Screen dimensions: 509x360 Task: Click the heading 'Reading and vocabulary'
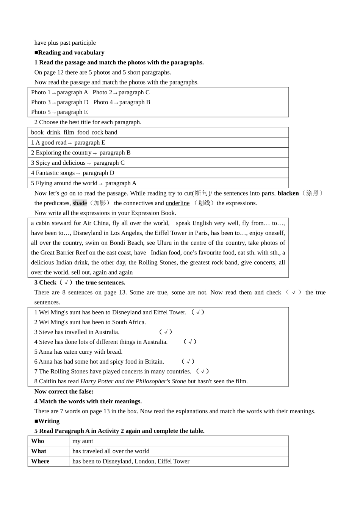[x=71, y=53]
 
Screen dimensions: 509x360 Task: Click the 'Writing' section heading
[x=49, y=421]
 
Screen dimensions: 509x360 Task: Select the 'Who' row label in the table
[x=38, y=441]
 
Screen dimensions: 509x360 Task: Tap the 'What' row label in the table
[x=39, y=451]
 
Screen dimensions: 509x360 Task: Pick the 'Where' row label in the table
[x=40, y=461]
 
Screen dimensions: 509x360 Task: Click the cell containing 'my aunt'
[x=83, y=441]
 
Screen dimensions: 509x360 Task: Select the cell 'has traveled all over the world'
[x=111, y=451]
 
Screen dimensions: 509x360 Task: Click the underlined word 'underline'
[x=177, y=203]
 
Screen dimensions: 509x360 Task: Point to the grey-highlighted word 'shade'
[x=80, y=203]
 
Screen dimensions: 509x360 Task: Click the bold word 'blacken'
[x=288, y=194]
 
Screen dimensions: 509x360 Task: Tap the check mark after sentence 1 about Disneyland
[x=198, y=312]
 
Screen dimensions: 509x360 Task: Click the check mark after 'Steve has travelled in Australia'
[x=166, y=332]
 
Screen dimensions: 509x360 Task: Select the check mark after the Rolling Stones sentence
[x=202, y=372]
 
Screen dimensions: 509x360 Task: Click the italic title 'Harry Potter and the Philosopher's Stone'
[x=133, y=381]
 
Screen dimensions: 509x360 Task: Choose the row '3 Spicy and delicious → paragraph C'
[x=78, y=163]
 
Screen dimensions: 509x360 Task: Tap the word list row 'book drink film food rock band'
[x=74, y=133]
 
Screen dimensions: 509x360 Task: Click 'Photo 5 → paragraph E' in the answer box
[x=59, y=112]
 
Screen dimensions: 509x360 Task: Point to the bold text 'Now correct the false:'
[x=64, y=392]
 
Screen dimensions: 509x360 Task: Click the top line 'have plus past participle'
[x=65, y=43]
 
